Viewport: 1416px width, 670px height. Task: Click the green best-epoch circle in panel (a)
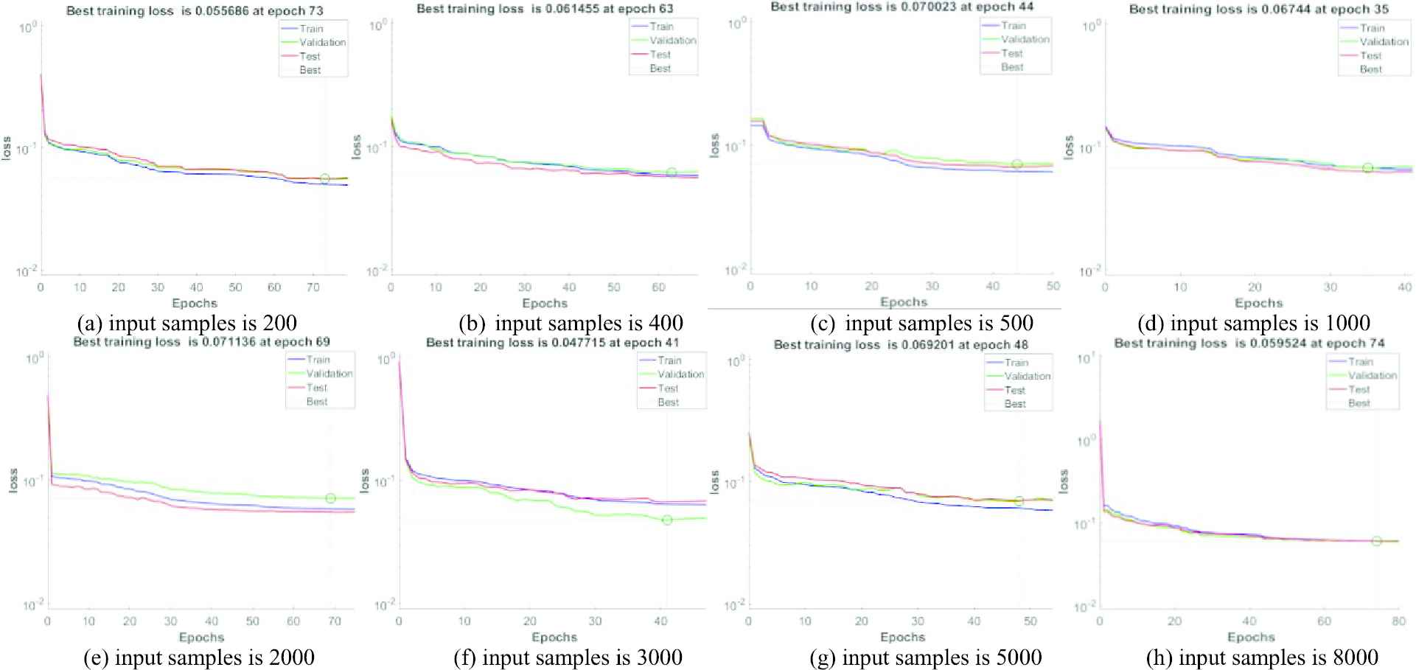click(325, 178)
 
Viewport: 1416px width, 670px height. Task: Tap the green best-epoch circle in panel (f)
click(667, 520)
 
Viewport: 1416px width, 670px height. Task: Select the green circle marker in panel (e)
click(331, 498)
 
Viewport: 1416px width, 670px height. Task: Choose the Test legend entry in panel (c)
click(1012, 53)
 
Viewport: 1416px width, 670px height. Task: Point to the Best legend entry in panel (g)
click(1015, 404)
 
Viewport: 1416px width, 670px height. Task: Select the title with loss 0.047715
click(553, 343)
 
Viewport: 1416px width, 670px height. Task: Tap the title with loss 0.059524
click(1249, 343)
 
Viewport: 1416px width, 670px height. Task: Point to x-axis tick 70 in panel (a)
click(313, 287)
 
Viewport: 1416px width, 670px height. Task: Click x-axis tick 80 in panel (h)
click(1399, 621)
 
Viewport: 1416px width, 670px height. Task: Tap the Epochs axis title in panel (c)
click(904, 301)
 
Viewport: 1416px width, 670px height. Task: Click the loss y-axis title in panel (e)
click(13, 481)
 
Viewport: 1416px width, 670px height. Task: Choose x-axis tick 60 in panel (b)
click(658, 287)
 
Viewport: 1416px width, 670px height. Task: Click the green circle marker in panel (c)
click(1017, 164)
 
